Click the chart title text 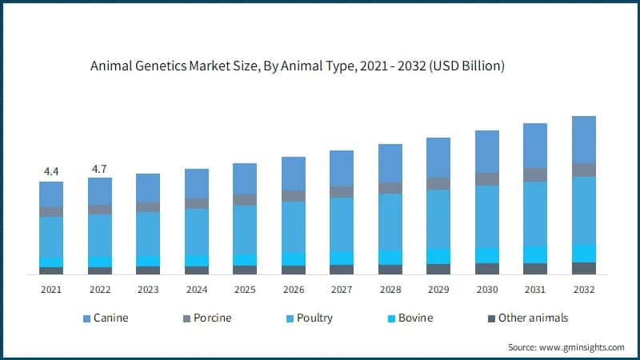298,66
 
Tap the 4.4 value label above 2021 51,171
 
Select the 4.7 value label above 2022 99,168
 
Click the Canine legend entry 110,318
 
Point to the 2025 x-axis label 245,290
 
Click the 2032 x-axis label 584,290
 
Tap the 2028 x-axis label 390,290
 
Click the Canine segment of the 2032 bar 584,139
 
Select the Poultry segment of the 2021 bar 51,237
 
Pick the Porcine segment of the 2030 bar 487,179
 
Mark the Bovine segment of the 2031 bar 535,254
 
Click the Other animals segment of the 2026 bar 294,270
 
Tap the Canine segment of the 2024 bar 197,183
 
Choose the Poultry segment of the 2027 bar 342,224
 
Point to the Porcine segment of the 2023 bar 148,207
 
